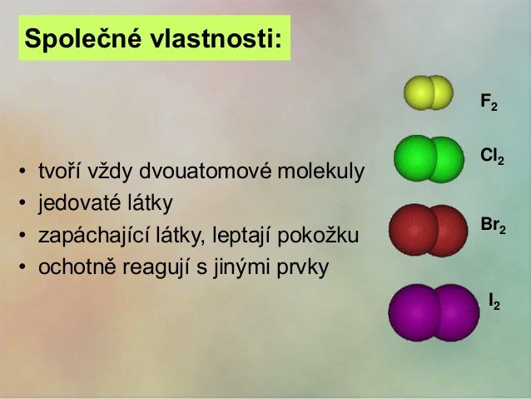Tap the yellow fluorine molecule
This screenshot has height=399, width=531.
pos(428,92)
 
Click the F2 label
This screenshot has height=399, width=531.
pos(489,103)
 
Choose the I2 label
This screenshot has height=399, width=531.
pos(494,301)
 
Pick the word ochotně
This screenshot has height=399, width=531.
pos(63,268)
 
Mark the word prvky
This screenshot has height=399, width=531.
pos(305,268)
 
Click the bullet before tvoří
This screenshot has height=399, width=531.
pos(21,175)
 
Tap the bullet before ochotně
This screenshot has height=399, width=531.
pos(21,268)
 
